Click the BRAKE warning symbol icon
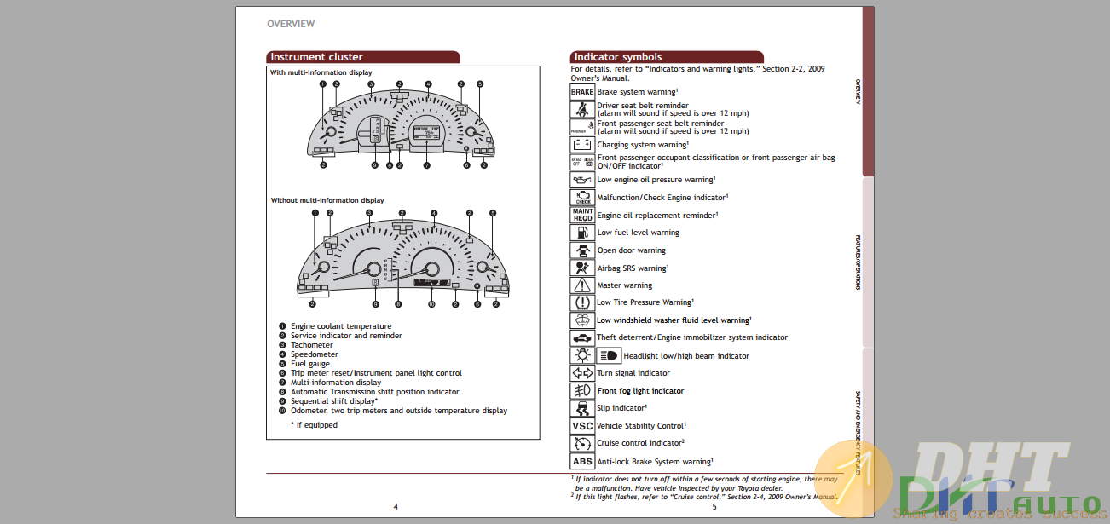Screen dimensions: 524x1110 582,92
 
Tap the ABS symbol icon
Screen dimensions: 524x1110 582,462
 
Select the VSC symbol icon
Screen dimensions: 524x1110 582,426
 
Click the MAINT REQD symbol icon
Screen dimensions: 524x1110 582,216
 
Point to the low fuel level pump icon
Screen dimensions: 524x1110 582,233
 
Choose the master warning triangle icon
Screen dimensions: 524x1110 582,285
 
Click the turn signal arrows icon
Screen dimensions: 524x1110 582,373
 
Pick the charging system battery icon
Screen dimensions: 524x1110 582,145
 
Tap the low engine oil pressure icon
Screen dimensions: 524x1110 582,180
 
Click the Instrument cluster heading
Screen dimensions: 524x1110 316,57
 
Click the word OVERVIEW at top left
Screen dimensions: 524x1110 291,24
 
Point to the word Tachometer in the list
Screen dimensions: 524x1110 312,345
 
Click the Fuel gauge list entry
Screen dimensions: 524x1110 310,364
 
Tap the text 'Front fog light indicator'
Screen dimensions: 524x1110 640,391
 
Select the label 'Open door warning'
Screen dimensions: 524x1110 631,250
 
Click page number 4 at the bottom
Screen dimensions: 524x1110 395,506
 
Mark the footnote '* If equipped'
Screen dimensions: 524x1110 314,425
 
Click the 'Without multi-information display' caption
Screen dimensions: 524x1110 327,200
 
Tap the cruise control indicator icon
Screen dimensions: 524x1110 582,443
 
